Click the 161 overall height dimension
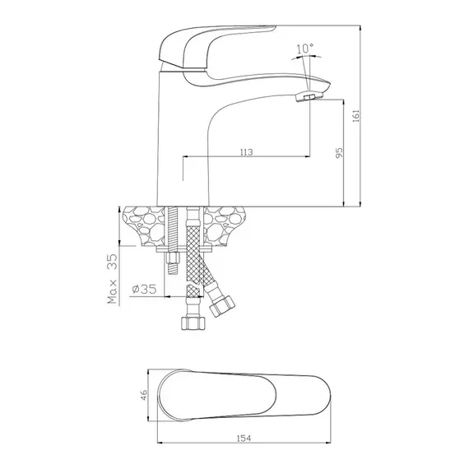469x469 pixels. pyautogui.click(x=356, y=116)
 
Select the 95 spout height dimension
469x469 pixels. pyautogui.click(x=339, y=153)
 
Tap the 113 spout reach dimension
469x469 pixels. pyautogui.click(x=246, y=152)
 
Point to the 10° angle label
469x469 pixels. pyautogui.click(x=305, y=49)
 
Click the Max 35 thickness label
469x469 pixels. pyautogui.click(x=113, y=279)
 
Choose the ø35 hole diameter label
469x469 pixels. pyautogui.click(x=144, y=289)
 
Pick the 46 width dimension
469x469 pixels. pyautogui.click(x=144, y=395)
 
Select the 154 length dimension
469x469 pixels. pyautogui.click(x=244, y=439)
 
